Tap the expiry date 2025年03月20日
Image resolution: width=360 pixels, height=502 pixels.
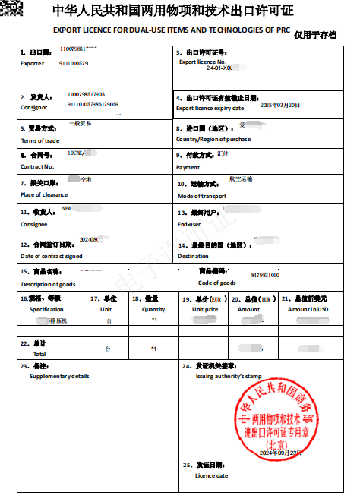point(280,105)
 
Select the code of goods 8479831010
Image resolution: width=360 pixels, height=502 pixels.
point(264,275)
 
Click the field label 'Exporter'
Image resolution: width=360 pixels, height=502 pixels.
point(33,63)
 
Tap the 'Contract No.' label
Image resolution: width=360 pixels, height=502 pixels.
point(36,166)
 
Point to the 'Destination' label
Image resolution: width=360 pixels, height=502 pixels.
point(193,256)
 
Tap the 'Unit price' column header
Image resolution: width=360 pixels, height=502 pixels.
point(205,309)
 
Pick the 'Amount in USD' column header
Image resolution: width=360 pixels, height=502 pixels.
point(308,309)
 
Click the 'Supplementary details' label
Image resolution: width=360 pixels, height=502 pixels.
point(59,376)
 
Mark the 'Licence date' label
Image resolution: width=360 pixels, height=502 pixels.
point(211,476)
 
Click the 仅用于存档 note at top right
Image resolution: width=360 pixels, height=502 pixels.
point(314,35)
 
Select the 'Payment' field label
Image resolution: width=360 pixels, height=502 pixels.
point(188,167)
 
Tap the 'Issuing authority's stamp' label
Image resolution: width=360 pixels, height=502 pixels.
point(228,376)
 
